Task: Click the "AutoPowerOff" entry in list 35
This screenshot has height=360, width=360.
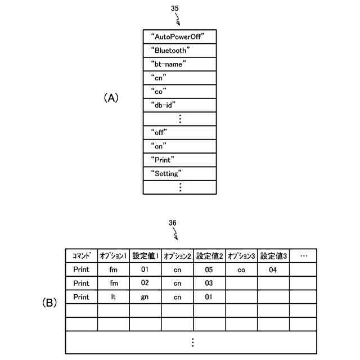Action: (x=177, y=36)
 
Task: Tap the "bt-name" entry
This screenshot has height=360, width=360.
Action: (x=169, y=64)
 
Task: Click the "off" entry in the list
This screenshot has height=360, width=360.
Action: (x=160, y=132)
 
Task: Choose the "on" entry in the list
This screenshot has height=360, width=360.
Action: (x=159, y=146)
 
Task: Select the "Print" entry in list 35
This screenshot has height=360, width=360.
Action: (x=163, y=160)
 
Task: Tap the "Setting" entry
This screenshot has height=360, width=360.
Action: (x=166, y=173)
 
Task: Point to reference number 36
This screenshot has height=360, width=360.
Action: (x=173, y=223)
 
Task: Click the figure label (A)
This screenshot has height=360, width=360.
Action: (x=111, y=98)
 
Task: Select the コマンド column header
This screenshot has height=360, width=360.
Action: (x=82, y=256)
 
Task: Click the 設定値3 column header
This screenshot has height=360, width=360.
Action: (x=274, y=256)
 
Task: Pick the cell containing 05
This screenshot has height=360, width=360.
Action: (x=209, y=269)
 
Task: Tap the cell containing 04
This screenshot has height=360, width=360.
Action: (x=273, y=269)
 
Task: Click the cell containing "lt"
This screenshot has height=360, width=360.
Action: (x=114, y=296)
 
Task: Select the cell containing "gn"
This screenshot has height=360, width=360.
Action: (x=145, y=296)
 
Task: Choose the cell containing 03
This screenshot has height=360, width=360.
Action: (x=209, y=283)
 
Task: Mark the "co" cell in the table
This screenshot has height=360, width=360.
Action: (x=242, y=269)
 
